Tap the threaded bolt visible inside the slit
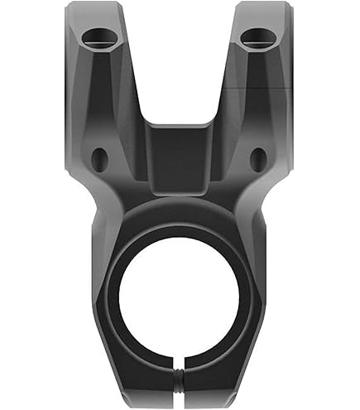(180, 383)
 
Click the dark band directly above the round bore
(179, 217)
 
